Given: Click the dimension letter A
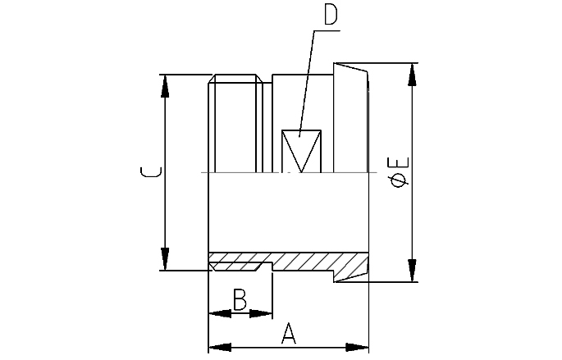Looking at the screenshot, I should click(288, 332).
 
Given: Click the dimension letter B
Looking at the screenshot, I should click(239, 299).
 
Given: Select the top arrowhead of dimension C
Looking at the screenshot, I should click(166, 84).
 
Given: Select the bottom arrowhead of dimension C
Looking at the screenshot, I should click(166, 262).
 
